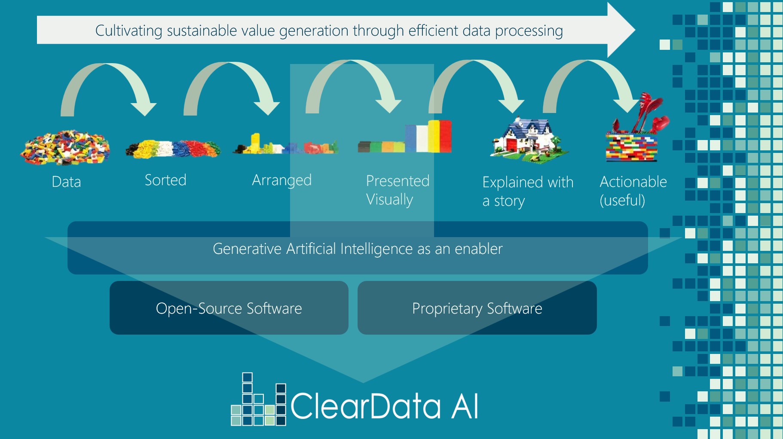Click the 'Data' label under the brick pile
coord(66,182)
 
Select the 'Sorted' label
coord(165,180)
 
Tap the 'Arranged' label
coord(281,180)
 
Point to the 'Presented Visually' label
coord(397,190)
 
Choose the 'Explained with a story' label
coord(527,191)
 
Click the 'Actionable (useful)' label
coord(633,191)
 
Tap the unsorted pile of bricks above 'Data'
coord(65,147)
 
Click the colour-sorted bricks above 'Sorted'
coord(173,149)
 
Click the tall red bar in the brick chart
coord(445,136)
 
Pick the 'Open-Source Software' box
coord(229,308)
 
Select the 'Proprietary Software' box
coord(477,308)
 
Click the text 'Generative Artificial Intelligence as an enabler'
coord(358,249)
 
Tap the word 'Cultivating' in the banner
coord(128,31)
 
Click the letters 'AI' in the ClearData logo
coord(465,406)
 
